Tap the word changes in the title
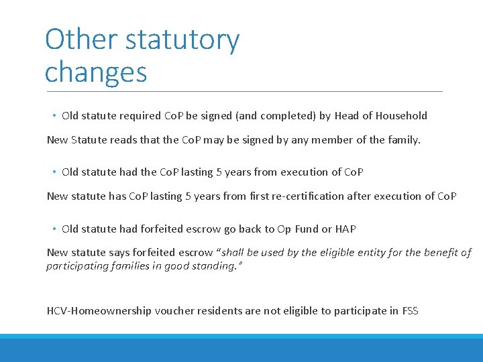click(x=96, y=72)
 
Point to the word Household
click(x=401, y=115)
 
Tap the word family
click(x=402, y=140)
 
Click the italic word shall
click(x=237, y=253)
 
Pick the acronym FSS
click(x=409, y=311)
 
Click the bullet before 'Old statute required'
click(x=53, y=116)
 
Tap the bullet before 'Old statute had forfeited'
click(x=53, y=229)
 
